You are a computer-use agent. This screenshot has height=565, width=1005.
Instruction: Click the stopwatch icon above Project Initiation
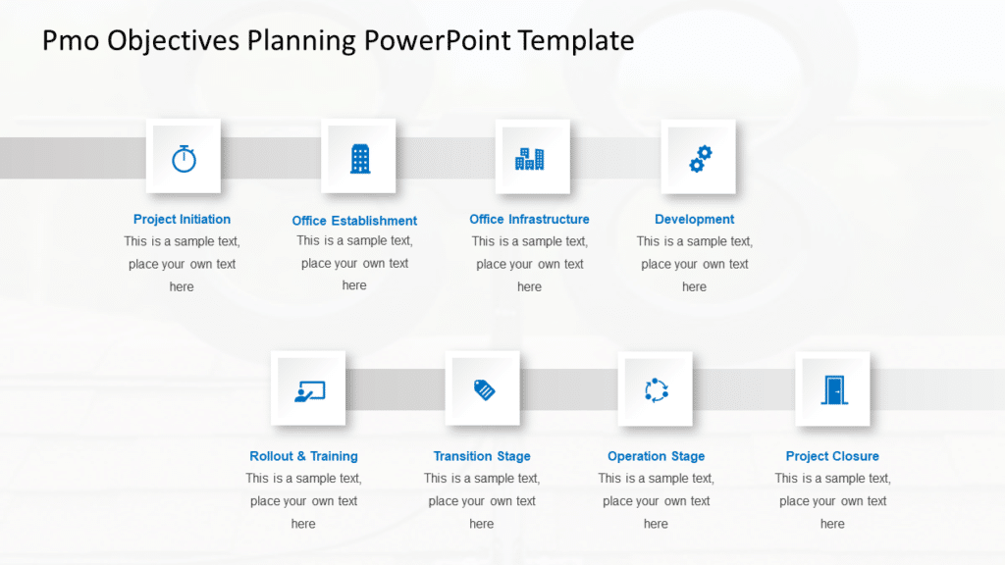coord(184,158)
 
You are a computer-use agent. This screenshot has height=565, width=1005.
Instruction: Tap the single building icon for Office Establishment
coord(360,158)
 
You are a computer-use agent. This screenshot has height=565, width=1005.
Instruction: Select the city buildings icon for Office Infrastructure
coord(530,159)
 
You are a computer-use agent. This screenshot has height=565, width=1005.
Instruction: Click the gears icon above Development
coord(700,158)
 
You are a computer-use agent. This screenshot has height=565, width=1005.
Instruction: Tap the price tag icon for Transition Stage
coord(484,389)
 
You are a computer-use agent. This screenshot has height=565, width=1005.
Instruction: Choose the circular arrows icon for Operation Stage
coord(656,390)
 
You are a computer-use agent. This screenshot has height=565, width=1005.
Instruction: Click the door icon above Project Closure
coord(833,390)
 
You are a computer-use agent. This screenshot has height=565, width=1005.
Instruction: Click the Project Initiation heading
coord(182,220)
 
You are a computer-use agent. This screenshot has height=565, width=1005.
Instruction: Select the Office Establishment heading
coord(354,221)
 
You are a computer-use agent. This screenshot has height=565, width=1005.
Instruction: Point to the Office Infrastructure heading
coord(529,220)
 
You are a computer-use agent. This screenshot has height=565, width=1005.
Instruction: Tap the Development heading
coord(694,220)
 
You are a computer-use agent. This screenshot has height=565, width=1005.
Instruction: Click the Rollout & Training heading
coord(303,456)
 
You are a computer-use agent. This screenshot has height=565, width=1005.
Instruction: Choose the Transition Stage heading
coord(482,456)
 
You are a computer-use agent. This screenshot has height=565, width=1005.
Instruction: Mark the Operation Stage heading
coord(656,456)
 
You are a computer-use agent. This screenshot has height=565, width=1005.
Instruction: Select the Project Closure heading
coord(832,456)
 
